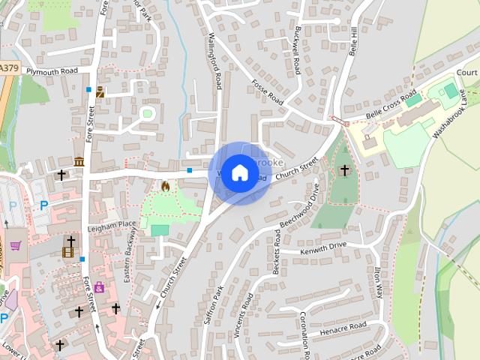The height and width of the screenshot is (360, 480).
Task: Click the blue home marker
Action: pyautogui.click(x=239, y=173)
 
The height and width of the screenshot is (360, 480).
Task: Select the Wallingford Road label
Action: pyautogui.click(x=215, y=60)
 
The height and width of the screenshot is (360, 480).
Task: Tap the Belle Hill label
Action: pyautogui.click(x=354, y=41)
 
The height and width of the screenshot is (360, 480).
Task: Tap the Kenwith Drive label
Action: pyautogui.click(x=323, y=246)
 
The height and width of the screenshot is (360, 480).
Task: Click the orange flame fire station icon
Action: pyautogui.click(x=166, y=185)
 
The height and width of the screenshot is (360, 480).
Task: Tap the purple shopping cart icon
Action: pyautogui.click(x=15, y=245)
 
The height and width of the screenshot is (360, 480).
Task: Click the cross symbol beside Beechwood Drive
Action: pyautogui.click(x=344, y=171)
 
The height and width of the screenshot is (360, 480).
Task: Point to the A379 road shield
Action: pyautogui.click(x=8, y=67)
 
